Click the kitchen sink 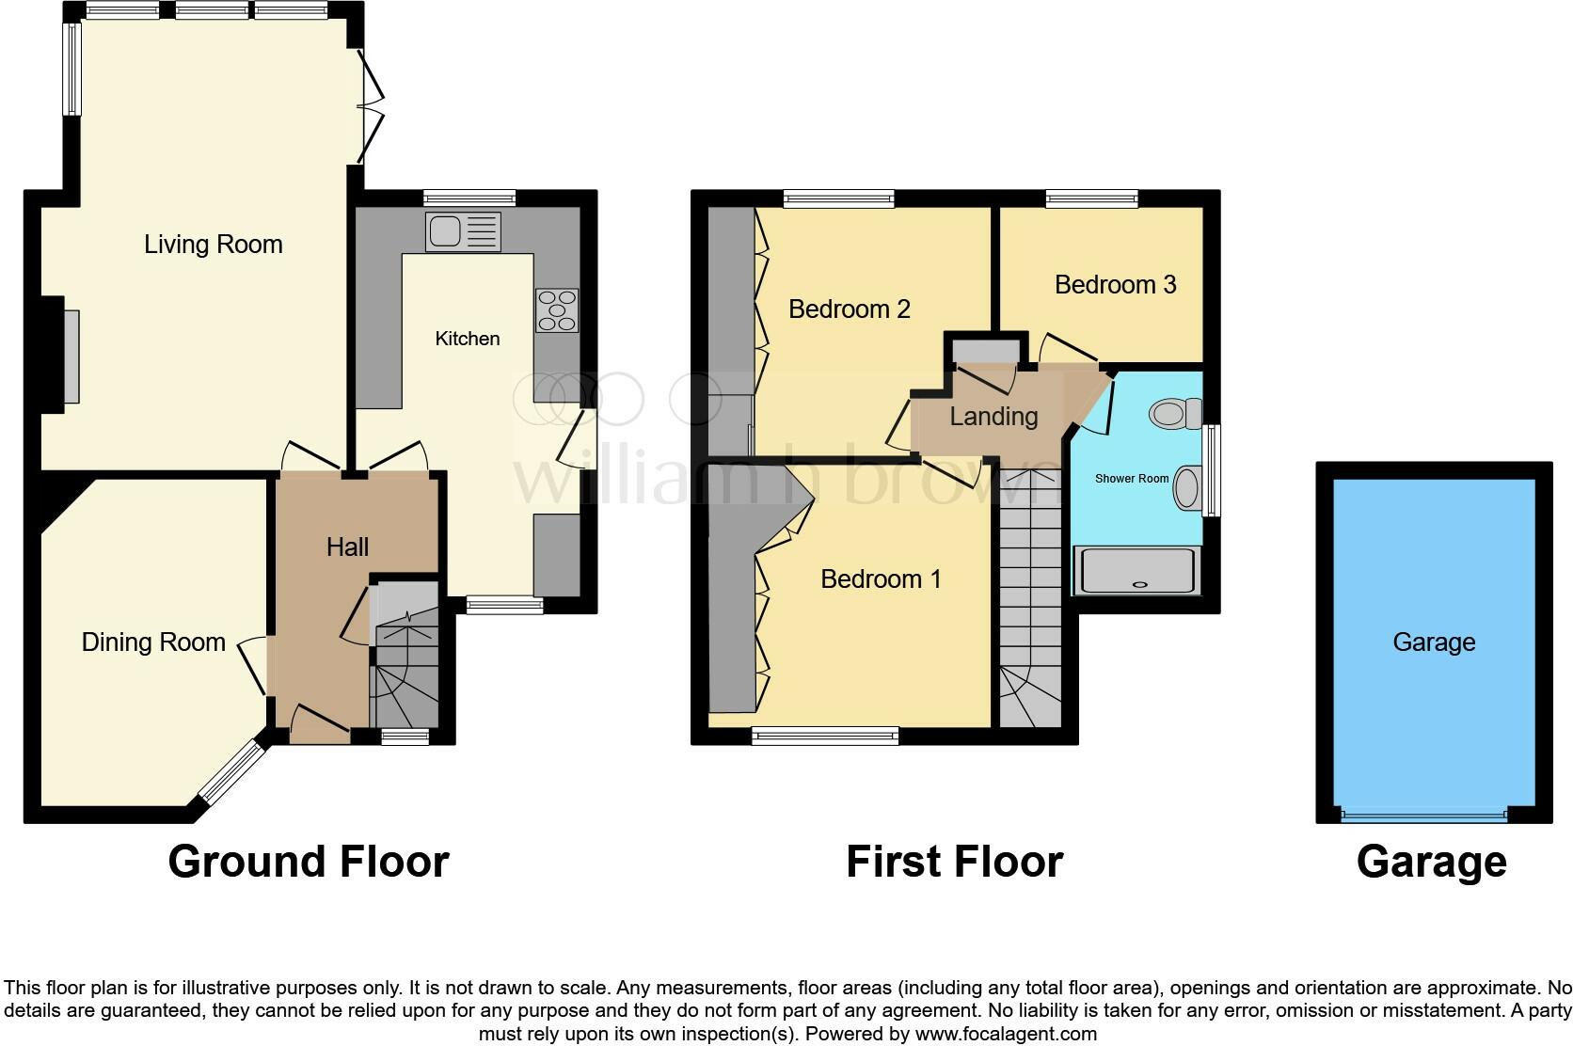click(x=463, y=231)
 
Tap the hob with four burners click(x=557, y=310)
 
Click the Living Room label click(x=214, y=245)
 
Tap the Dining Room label click(x=153, y=642)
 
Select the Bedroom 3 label click(x=1115, y=284)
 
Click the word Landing click(x=993, y=416)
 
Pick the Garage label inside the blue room click(x=1434, y=642)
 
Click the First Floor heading click(x=954, y=862)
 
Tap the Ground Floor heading click(x=309, y=862)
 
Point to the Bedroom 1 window click(x=825, y=736)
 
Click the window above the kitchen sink click(x=469, y=198)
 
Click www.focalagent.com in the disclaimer click(x=1005, y=1034)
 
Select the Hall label click(x=347, y=547)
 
